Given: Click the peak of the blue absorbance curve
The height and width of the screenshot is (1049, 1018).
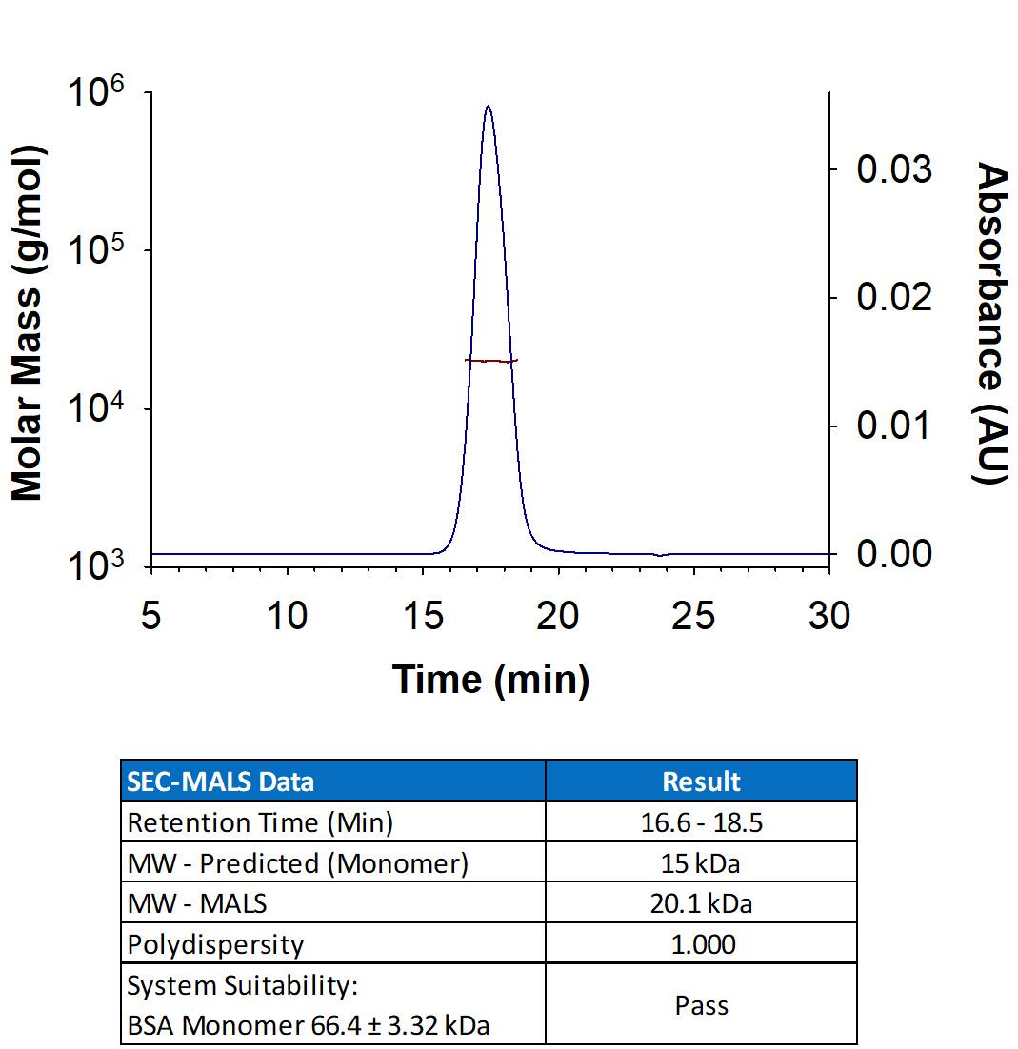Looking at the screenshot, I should point(488,107).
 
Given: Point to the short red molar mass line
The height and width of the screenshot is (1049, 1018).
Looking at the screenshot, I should point(490,361).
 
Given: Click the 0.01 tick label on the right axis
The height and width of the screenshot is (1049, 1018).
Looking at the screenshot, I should point(893,426).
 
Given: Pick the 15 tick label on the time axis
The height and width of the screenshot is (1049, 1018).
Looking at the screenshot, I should point(422,617).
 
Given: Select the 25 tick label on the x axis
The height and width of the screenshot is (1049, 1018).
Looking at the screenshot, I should point(693,617).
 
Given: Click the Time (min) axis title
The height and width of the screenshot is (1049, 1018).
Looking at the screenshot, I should point(490,680).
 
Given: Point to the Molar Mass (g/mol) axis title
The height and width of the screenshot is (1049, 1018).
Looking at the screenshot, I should point(29,324).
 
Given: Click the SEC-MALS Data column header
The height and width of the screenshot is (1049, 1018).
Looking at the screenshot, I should point(220,782).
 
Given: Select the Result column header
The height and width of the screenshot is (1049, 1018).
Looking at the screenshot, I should point(701,782).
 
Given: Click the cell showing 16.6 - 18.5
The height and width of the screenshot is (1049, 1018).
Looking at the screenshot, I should point(701,822).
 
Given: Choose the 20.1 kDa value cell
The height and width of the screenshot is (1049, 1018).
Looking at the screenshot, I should point(701,903).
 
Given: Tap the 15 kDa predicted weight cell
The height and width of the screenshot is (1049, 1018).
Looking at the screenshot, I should point(701,863).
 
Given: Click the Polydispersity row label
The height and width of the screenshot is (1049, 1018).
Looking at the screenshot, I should point(215,944).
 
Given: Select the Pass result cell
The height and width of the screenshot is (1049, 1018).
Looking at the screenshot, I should point(701,1005).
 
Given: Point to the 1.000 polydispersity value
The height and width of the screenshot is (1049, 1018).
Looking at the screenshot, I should point(701,944).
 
